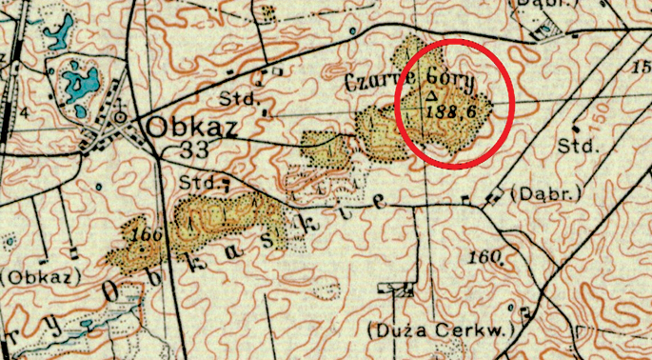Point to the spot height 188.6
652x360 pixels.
[451, 111]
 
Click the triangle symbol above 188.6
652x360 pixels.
[431, 95]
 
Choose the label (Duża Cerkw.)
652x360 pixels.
[440, 330]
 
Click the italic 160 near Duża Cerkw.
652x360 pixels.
[485, 255]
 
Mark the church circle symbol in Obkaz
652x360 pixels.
[120, 118]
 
